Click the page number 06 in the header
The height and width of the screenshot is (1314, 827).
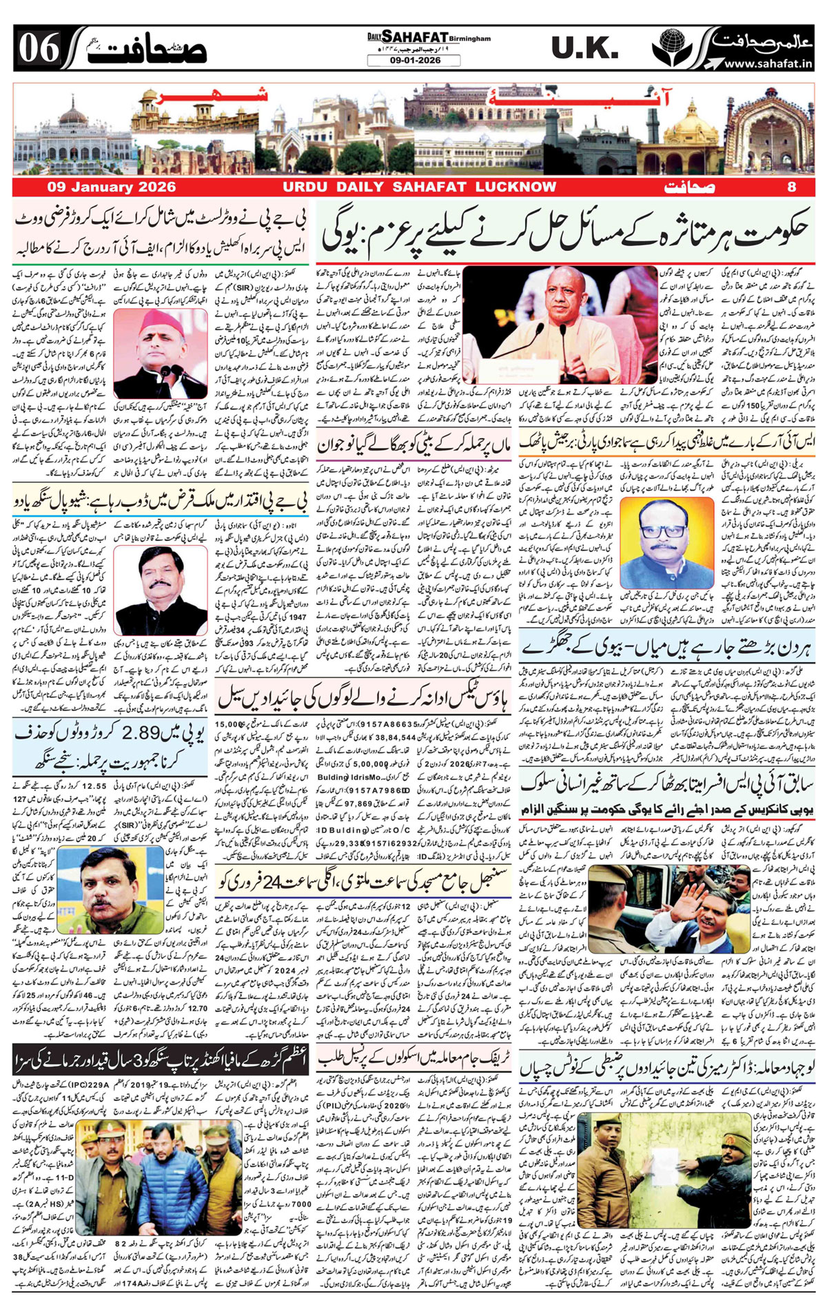(38, 48)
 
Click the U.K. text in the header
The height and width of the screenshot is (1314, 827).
(584, 48)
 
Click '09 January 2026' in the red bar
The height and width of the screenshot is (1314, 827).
(111, 187)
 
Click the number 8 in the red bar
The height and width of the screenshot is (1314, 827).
(791, 187)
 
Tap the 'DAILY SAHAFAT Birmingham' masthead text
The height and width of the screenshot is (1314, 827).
(428, 37)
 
